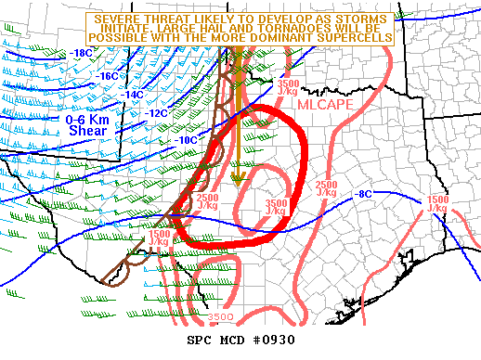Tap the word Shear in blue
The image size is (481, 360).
[x=88, y=131]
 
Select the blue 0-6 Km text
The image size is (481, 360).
[x=86, y=120]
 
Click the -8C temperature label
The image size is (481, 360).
[x=364, y=194]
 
